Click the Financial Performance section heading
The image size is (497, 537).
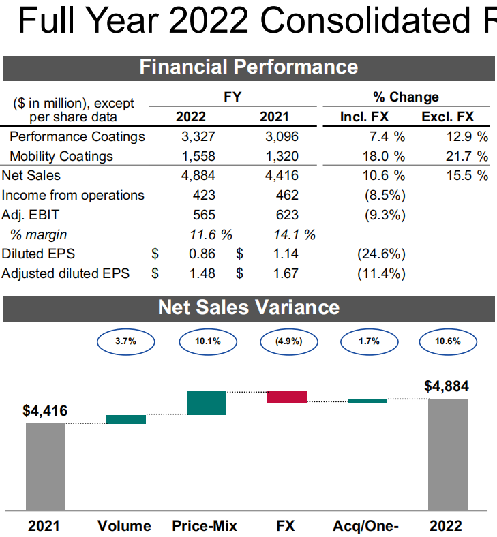pos(248,67)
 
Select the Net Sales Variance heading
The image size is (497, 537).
pos(248,307)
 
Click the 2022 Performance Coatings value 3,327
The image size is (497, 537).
pos(199,136)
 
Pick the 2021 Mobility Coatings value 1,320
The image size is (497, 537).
pos(282,156)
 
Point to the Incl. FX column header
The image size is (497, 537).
pos(364,117)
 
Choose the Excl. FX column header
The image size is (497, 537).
pos(447,117)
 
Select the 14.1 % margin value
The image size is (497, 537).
pos(290,234)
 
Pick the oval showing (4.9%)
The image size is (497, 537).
pos(287,341)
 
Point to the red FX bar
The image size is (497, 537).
pos(287,397)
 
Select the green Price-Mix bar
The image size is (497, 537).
pos(207,403)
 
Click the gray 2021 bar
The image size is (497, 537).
pos(46,466)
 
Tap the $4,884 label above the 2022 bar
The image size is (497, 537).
pos(447,386)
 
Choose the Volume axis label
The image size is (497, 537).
pos(124,525)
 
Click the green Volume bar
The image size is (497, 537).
pos(126,419)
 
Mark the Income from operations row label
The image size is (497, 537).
pos(73,195)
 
